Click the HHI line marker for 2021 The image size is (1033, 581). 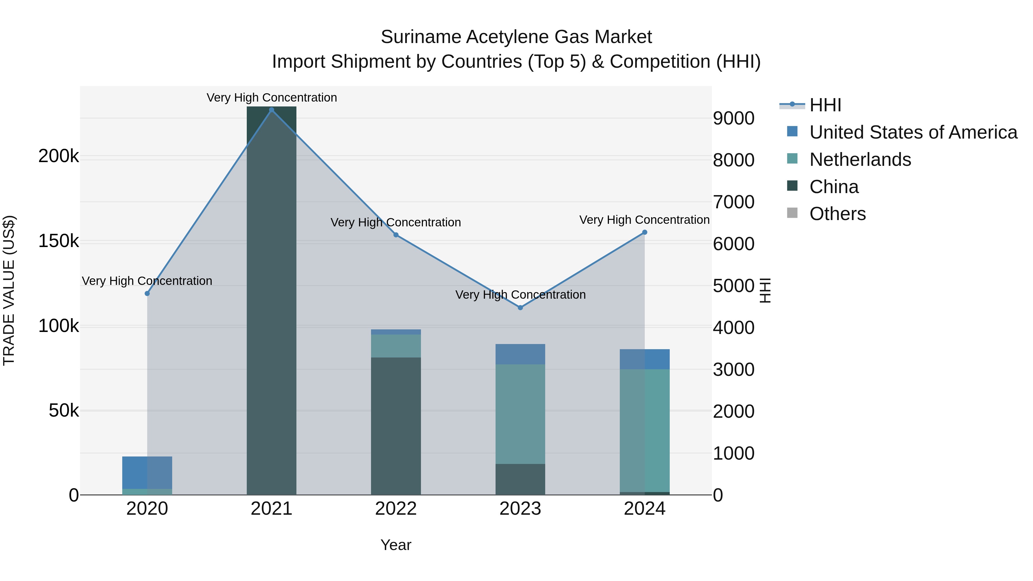pyautogui.click(x=271, y=110)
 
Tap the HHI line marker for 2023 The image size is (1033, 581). pyautogui.click(x=520, y=308)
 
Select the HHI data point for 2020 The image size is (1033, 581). pyautogui.click(x=147, y=294)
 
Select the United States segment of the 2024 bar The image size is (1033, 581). pyautogui.click(x=644, y=359)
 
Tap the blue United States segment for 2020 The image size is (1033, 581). pyautogui.click(x=147, y=472)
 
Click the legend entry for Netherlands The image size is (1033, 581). pyautogui.click(x=860, y=160)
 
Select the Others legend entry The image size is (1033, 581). pyautogui.click(x=837, y=214)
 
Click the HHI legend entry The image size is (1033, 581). pyautogui.click(x=825, y=105)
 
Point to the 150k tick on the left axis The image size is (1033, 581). pyautogui.click(x=59, y=241)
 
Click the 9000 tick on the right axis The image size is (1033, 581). pyautogui.click(x=733, y=118)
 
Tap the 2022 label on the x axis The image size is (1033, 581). pyautogui.click(x=396, y=509)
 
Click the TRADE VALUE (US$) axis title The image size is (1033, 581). pyautogui.click(x=9, y=290)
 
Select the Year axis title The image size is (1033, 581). pyautogui.click(x=396, y=545)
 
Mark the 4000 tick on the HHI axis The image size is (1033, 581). pyautogui.click(x=733, y=328)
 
